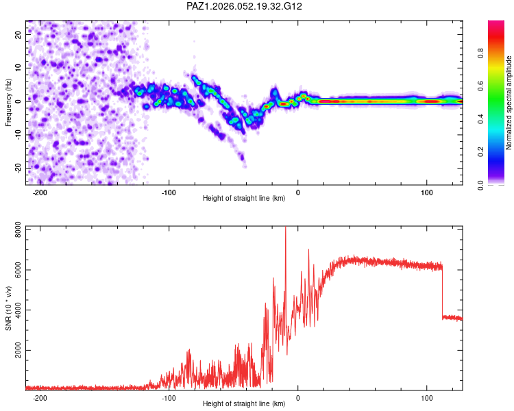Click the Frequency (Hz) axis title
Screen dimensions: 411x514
(8, 103)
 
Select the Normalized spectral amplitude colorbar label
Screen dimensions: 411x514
(509, 103)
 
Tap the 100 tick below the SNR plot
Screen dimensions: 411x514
(427, 397)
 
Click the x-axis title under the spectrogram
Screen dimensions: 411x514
(245, 199)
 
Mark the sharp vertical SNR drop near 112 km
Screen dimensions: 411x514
(442, 291)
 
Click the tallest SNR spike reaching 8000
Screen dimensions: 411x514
(285, 229)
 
